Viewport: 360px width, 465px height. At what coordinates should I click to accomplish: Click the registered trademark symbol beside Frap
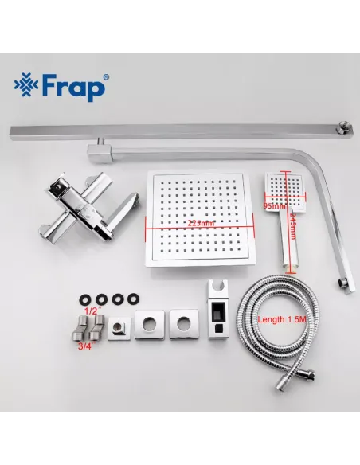point(107,76)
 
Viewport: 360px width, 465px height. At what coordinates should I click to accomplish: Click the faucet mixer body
point(79,204)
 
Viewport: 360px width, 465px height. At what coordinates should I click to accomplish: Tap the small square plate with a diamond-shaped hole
point(122,326)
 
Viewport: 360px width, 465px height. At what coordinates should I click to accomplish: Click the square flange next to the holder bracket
point(184,324)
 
